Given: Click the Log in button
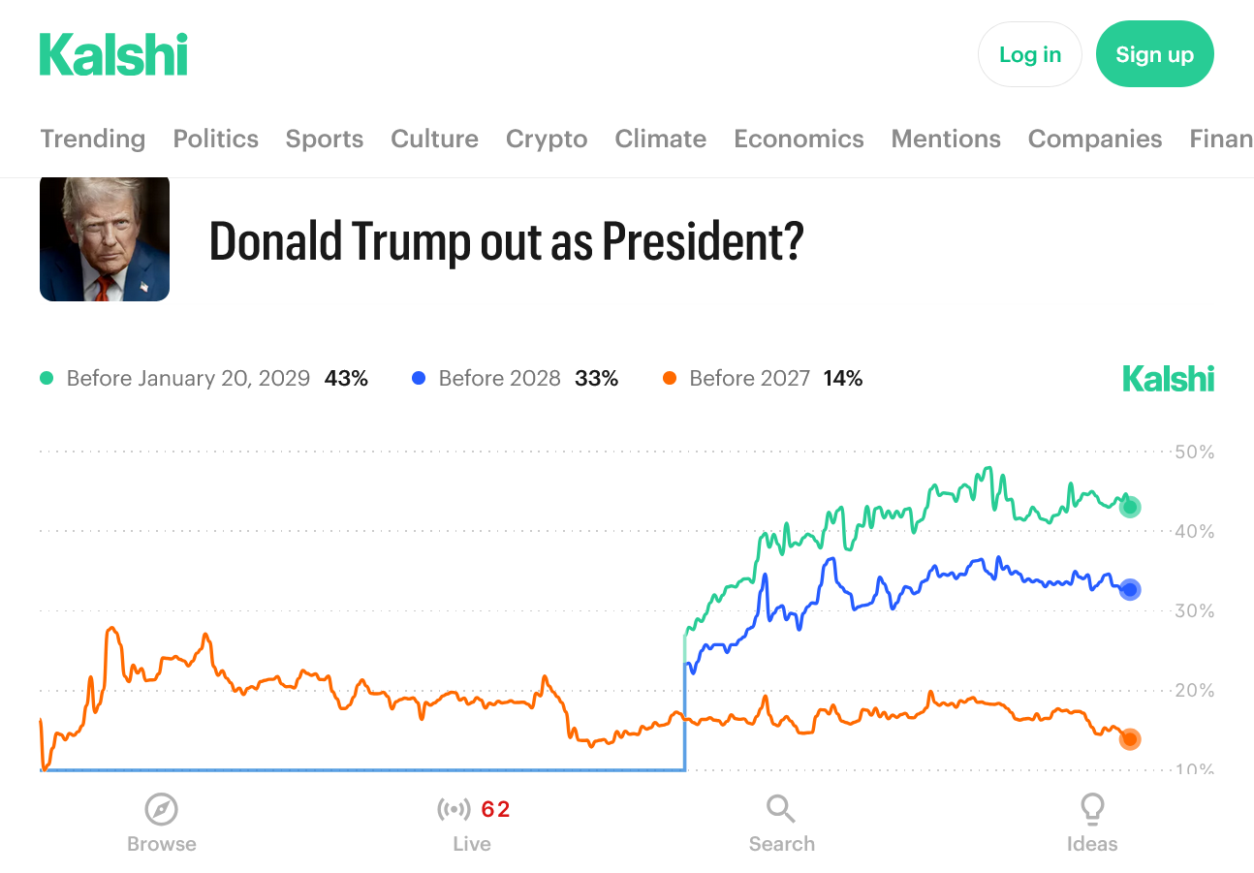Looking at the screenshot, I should (1029, 54).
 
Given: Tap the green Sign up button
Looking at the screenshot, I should (1154, 54).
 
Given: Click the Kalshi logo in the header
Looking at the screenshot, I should (113, 54).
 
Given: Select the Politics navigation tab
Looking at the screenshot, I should (215, 139).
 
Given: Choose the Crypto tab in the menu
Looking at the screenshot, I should (547, 139).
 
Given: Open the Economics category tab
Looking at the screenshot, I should (799, 139).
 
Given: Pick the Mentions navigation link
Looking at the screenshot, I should (946, 139).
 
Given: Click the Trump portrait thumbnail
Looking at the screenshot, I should (105, 238).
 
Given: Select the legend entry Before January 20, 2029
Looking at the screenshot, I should (188, 379).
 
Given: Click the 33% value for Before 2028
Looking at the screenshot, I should (596, 379).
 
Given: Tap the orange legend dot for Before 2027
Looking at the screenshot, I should (670, 379).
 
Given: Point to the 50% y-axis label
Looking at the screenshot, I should (1193, 452).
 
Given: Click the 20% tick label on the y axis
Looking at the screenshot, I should (1193, 691).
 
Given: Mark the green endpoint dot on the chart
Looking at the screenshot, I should (1130, 507).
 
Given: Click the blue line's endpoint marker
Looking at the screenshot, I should (1130, 589).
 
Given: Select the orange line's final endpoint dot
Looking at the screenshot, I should (1130, 739).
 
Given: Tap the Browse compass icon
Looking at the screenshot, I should (161, 808).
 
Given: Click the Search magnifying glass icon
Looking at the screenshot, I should (781, 808).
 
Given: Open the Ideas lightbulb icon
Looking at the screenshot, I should (1092, 808).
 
